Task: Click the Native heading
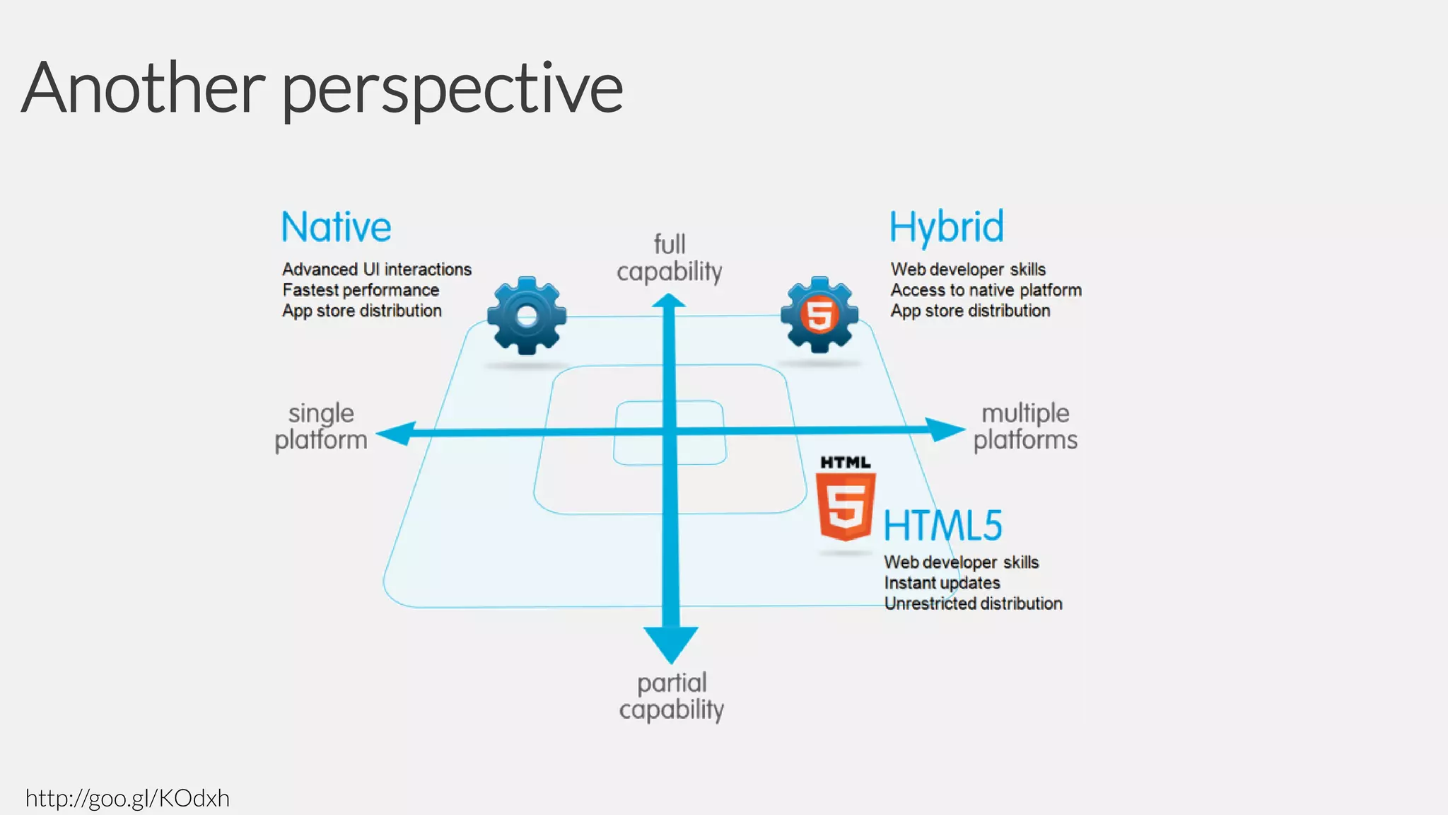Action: coord(336,227)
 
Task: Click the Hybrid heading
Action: coord(946,227)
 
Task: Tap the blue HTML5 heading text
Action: coord(942,526)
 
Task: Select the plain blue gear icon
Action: coord(527,316)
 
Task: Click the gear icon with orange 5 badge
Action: coord(819,315)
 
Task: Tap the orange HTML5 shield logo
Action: coord(846,505)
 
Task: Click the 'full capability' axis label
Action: coord(670,258)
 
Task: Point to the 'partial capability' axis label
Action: coord(671,696)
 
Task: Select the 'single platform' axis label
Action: coord(321,426)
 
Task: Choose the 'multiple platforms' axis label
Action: coord(1025,426)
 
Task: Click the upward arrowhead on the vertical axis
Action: coord(669,302)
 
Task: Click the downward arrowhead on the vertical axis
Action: coord(671,643)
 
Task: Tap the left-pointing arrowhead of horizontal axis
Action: coord(396,433)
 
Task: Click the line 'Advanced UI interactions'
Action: coord(377,270)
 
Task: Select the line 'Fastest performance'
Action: coord(361,290)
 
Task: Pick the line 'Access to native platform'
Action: coord(986,290)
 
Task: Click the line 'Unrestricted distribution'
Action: coord(973,603)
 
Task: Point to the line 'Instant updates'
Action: coord(942,583)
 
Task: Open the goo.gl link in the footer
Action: coord(127,798)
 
